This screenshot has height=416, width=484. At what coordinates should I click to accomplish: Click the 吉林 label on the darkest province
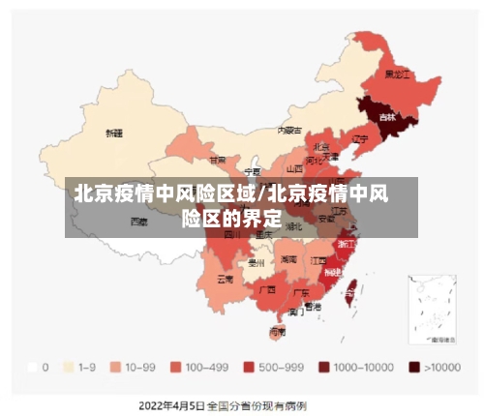click(387, 117)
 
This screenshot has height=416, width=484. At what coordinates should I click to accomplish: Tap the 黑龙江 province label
click(398, 74)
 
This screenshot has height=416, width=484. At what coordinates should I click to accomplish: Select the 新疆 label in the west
click(114, 132)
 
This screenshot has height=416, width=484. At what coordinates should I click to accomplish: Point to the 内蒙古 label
click(289, 129)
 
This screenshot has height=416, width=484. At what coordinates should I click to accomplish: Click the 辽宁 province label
click(360, 138)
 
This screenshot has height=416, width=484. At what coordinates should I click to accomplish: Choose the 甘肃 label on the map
click(219, 160)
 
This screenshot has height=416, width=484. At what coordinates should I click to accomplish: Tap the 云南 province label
click(225, 279)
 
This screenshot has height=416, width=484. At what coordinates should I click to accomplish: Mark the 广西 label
click(266, 288)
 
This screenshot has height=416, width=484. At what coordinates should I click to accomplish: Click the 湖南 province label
click(288, 259)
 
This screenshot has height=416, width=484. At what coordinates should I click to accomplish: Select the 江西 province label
click(318, 260)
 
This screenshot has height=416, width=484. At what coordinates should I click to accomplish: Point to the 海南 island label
click(278, 331)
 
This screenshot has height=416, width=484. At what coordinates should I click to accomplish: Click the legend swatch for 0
click(33, 368)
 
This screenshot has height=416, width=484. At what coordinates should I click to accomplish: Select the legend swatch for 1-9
click(68, 368)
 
